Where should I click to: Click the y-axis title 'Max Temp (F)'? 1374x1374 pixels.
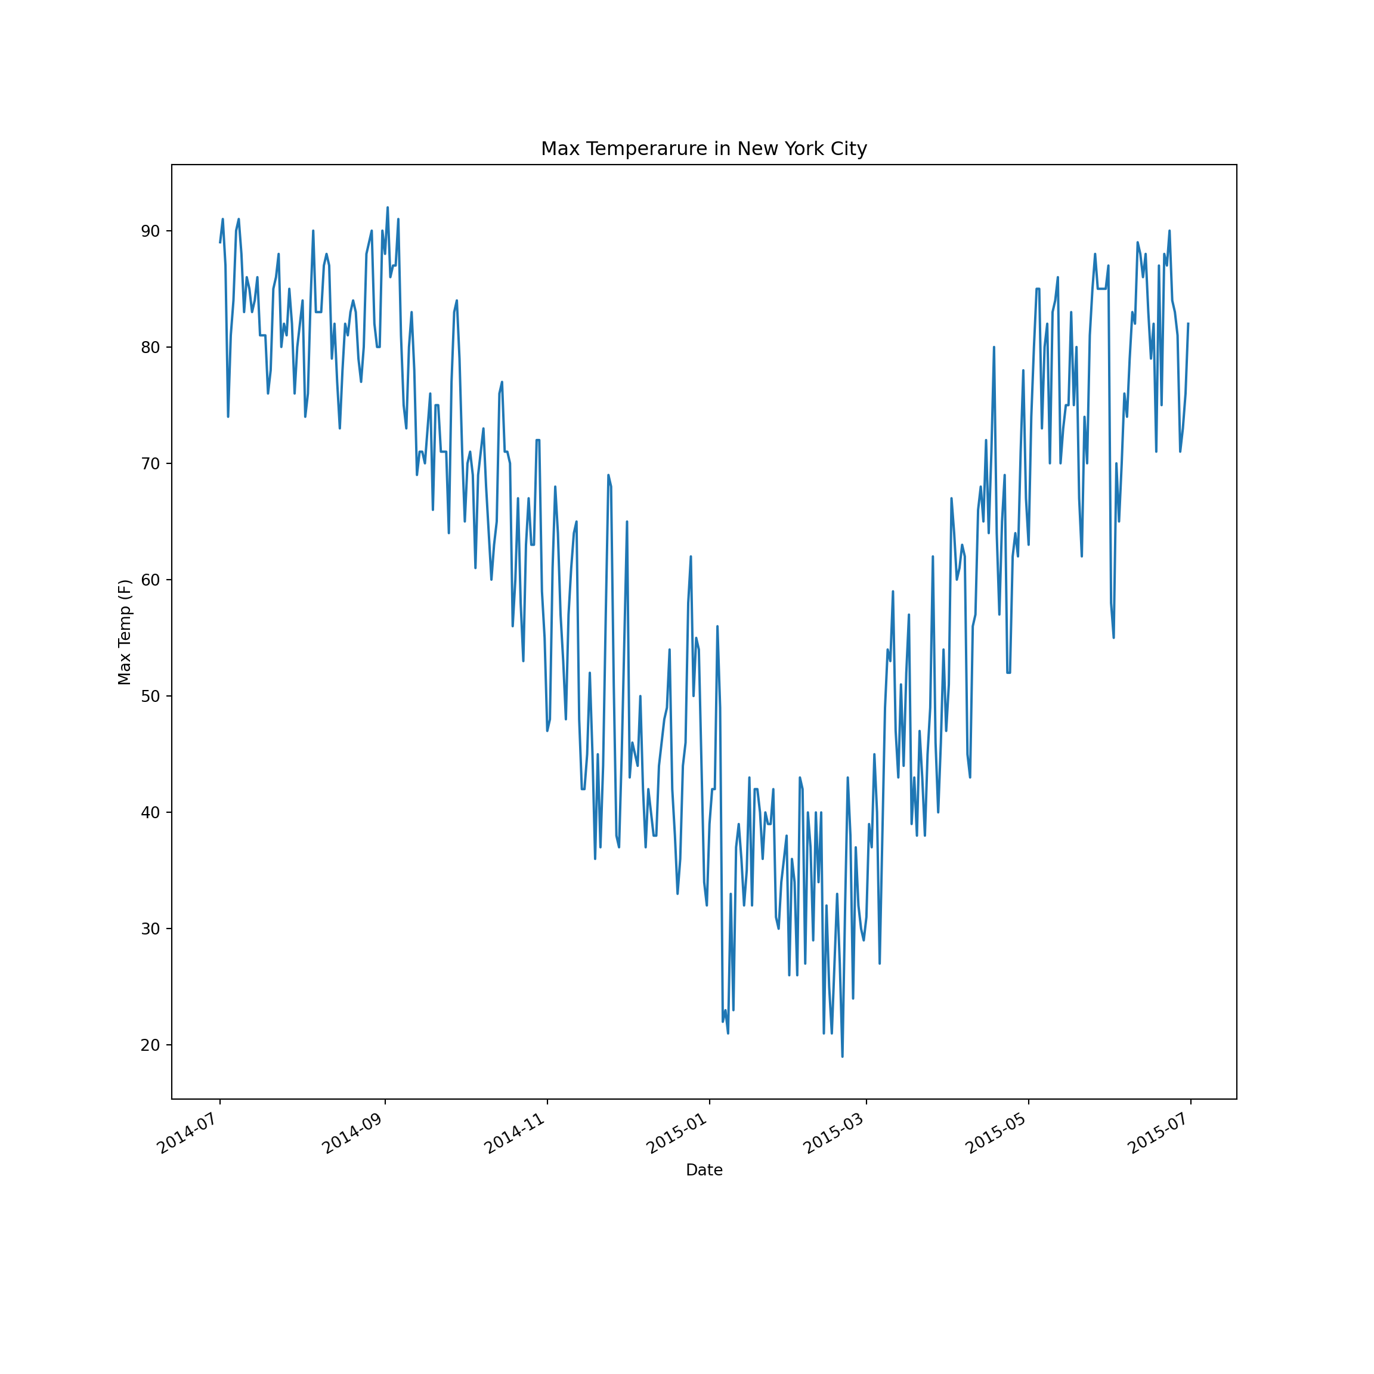125,632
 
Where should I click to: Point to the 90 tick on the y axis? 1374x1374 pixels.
151,231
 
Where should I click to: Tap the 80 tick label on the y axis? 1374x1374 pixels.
151,348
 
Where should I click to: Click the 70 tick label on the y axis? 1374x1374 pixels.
151,464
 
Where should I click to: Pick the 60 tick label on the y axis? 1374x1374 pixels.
151,580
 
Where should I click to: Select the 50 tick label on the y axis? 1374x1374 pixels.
151,697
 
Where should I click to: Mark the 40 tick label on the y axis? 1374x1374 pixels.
151,813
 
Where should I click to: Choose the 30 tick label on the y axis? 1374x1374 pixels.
151,929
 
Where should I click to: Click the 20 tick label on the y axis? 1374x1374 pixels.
151,1045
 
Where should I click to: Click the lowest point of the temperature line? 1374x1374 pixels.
842,1056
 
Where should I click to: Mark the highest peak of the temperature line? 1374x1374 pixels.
388,208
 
